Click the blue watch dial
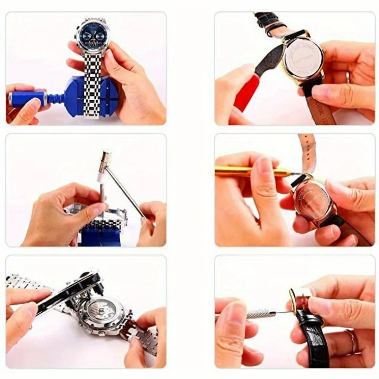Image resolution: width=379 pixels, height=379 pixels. click(x=92, y=36)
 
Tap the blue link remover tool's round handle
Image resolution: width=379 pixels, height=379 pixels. click(x=25, y=98)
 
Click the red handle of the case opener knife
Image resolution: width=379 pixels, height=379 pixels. click(x=246, y=93)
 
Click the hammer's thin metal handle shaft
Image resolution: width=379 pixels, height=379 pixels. click(x=125, y=189)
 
